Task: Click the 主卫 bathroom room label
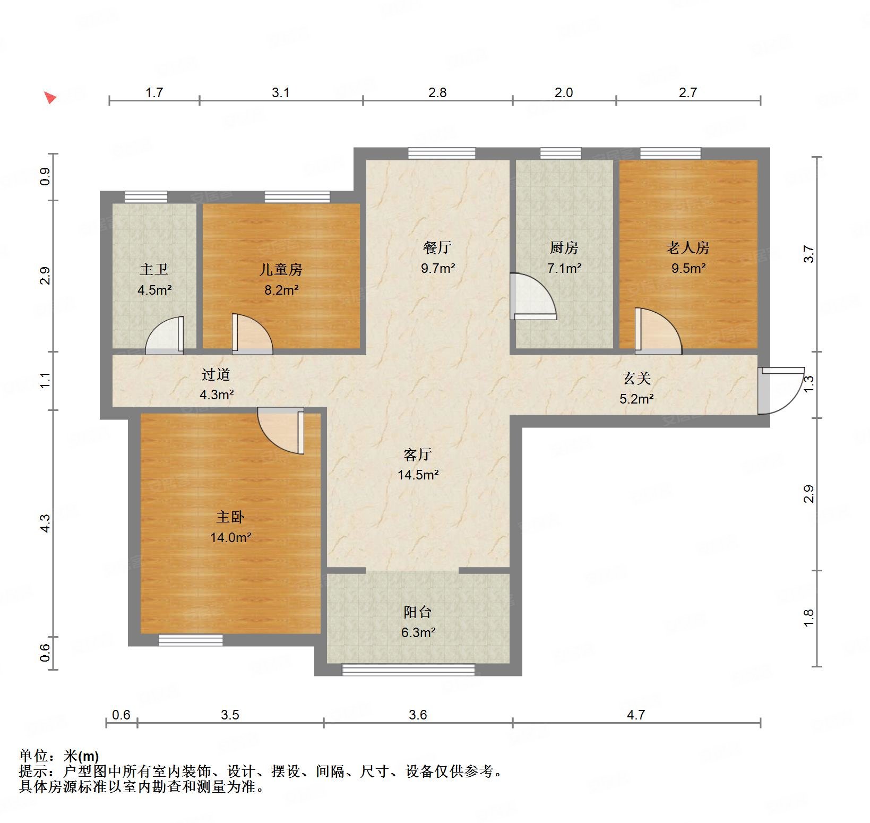153,270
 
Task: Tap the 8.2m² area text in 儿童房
281,290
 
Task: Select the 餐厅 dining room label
437,247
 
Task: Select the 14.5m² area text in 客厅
418,475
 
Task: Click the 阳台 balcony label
417,612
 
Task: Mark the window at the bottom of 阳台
408,670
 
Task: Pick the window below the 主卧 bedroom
191,640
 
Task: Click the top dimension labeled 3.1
281,92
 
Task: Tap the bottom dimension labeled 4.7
635,715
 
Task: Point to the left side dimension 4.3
46,523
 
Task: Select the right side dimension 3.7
808,253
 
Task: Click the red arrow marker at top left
50,98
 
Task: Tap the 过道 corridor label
216,375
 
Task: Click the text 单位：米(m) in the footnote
59,756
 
